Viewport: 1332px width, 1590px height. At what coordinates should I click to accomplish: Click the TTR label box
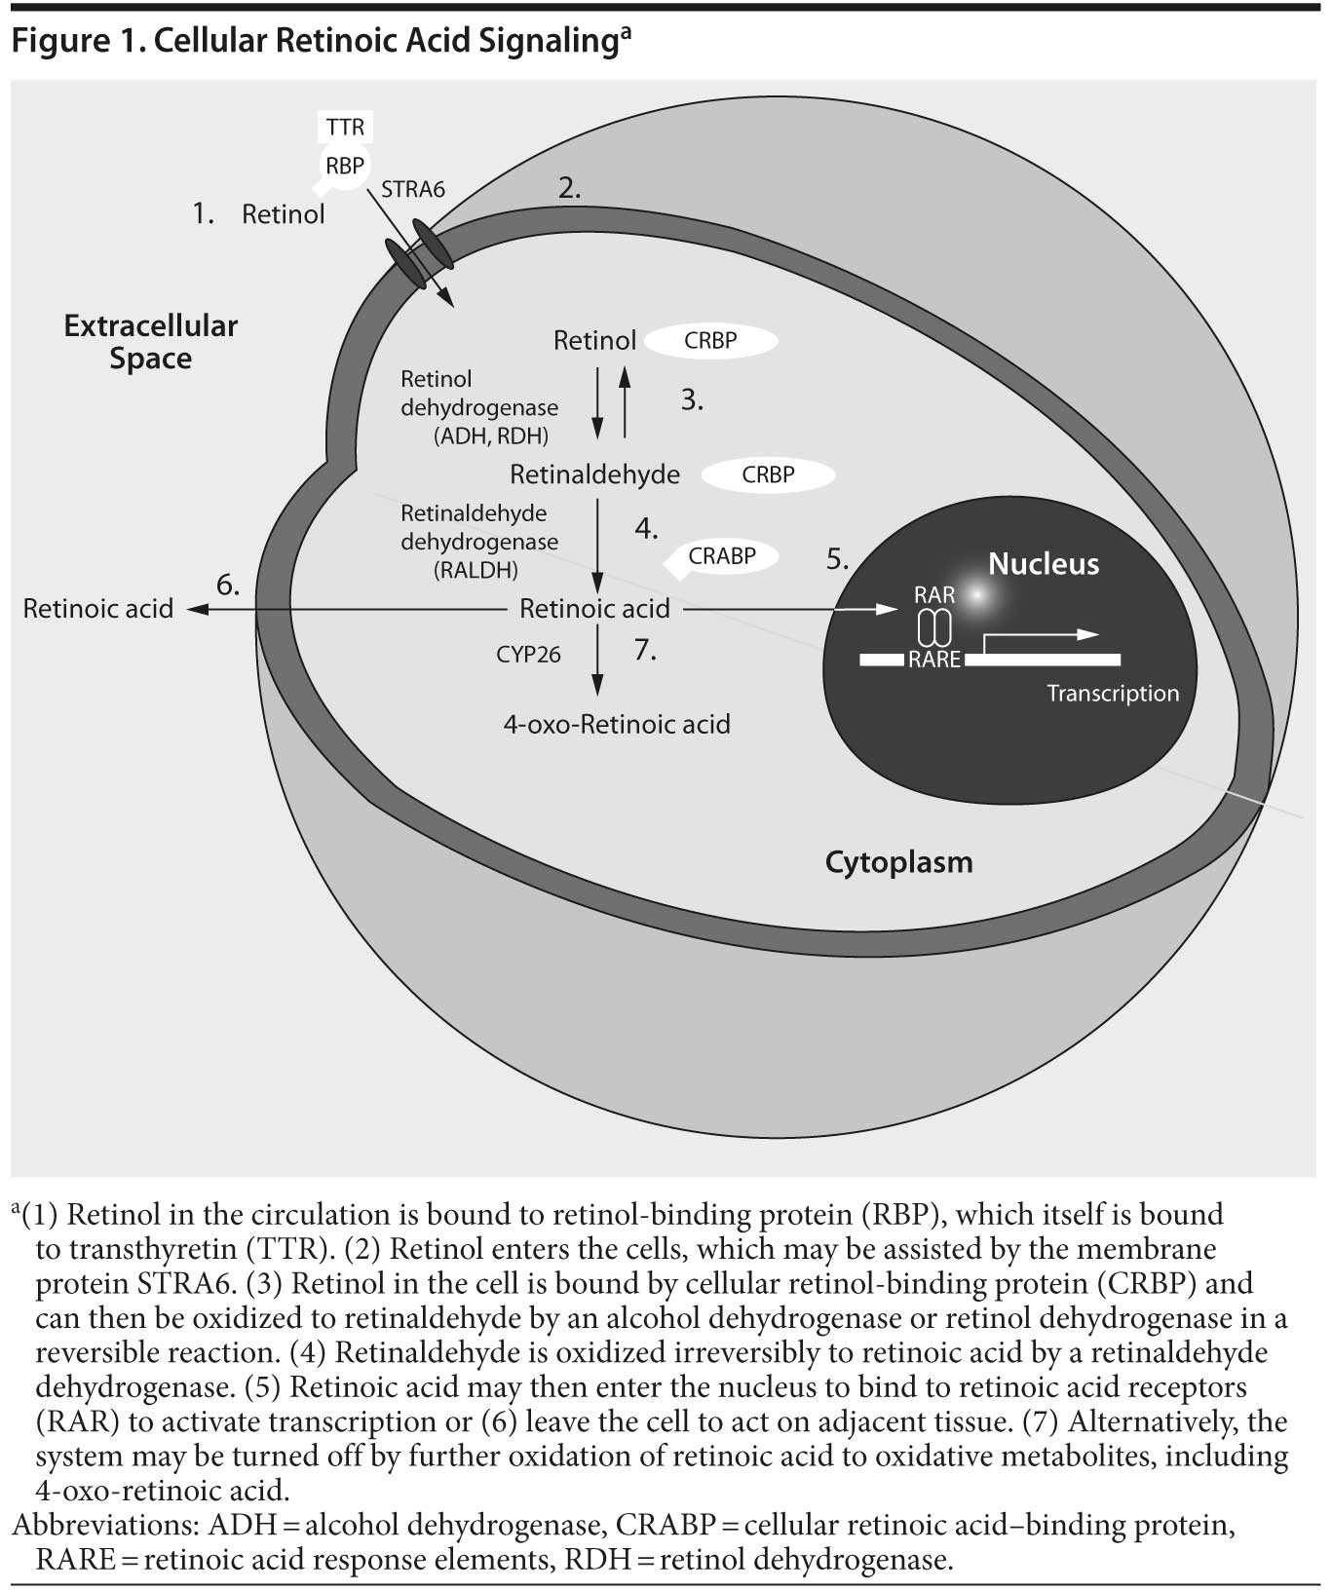pos(345,127)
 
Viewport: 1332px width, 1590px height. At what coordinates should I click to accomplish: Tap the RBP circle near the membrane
pos(344,166)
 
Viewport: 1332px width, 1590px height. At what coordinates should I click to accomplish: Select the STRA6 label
pos(413,189)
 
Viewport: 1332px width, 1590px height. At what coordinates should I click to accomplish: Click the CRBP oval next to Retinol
pos(711,341)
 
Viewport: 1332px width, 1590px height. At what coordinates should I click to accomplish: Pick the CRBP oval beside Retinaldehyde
pos(769,475)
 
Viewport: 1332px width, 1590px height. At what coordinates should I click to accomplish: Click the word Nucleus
pos(1044,563)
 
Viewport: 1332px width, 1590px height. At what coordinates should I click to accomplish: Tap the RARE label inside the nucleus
pos(934,660)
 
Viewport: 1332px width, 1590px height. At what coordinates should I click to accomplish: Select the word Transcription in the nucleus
pos(1113,693)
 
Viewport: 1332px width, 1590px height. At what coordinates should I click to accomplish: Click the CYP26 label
pos(529,655)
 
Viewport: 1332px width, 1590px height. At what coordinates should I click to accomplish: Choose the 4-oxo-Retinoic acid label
pos(617,724)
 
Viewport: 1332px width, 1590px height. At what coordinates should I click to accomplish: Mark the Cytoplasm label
pos(898,862)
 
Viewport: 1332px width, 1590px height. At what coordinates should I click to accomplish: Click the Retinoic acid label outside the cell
pos(97,609)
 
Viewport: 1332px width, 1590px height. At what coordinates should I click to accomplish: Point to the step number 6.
pos(228,585)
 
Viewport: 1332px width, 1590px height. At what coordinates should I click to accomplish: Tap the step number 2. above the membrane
pos(570,188)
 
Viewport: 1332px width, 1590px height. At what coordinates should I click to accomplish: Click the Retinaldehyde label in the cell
pos(594,474)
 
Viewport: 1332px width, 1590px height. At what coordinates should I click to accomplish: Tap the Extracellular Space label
pos(150,342)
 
